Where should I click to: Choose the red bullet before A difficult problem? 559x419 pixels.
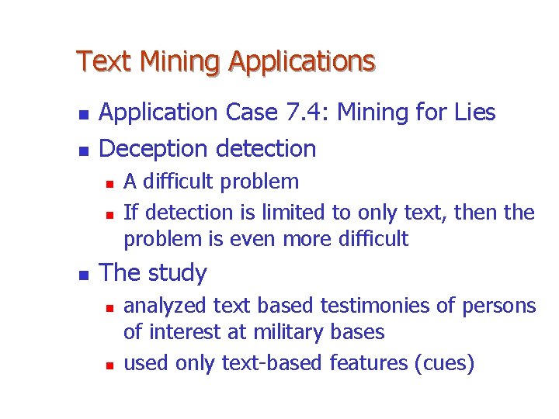click(109, 183)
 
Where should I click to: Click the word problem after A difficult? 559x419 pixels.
click(259, 182)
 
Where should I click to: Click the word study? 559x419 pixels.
click(178, 273)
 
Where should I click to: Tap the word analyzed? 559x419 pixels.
click(163, 306)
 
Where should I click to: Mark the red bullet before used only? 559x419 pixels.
click(109, 363)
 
